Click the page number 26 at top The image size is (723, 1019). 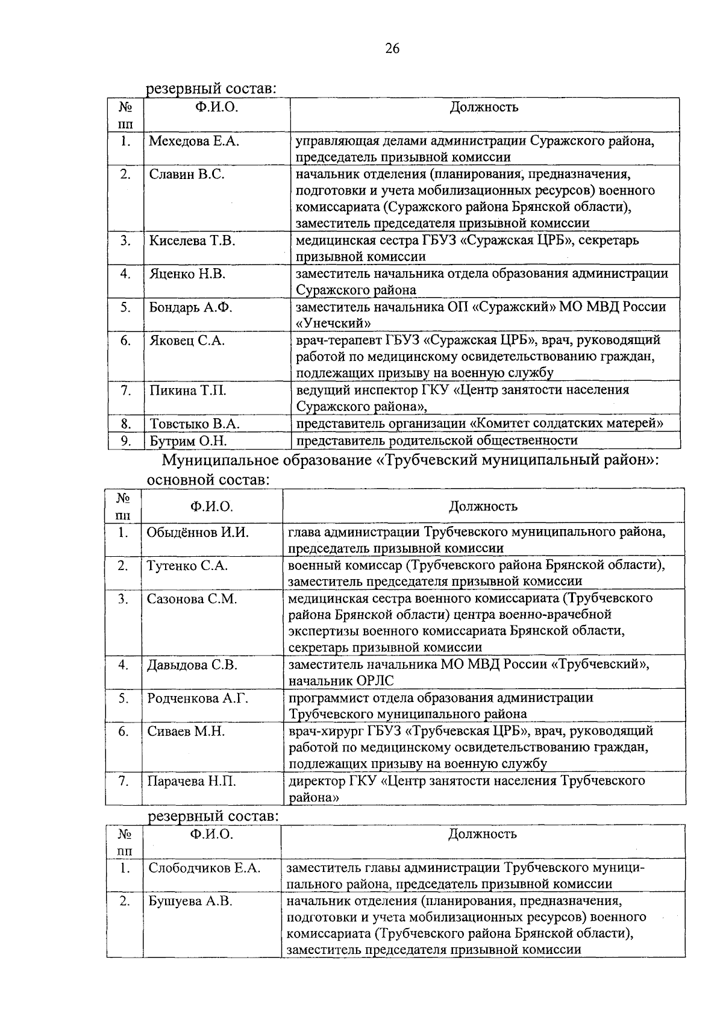392,49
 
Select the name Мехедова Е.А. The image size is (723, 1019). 194,142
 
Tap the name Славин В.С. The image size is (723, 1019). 187,175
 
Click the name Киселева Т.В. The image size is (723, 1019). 192,241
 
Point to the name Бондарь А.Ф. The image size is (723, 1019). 191,307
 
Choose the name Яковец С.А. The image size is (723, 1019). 187,341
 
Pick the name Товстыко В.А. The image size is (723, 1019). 195,424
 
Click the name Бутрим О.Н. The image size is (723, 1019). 188,441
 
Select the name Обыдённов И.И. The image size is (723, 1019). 198,533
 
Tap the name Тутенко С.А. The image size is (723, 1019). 187,566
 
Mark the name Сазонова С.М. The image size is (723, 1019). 192,599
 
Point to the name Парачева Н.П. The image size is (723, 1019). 192,782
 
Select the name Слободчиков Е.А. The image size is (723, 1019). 204,868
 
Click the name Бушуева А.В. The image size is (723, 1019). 190,901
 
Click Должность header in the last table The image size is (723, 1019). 482,835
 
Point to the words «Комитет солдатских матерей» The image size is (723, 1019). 566,424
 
